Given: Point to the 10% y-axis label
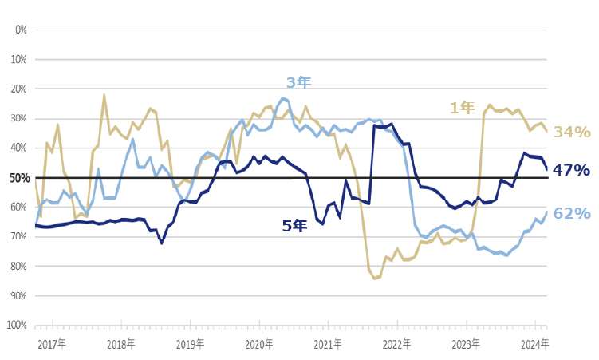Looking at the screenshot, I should [x=18, y=59].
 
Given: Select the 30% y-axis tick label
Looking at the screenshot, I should [x=18, y=118].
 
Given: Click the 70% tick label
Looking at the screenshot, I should [x=18, y=236].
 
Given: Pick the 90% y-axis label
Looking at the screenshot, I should [x=18, y=295].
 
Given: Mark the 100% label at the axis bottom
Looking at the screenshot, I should [x=16, y=325].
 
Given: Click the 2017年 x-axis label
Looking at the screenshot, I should [x=52, y=344].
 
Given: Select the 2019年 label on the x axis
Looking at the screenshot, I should [x=190, y=344].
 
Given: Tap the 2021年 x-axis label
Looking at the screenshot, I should [x=328, y=344].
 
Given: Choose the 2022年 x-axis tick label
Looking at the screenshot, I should [x=396, y=344].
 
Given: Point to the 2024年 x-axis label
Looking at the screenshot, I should [x=534, y=344].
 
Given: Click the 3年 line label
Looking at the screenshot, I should [x=298, y=82].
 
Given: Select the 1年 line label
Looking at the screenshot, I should [x=462, y=108].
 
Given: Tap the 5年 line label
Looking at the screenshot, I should [x=294, y=226].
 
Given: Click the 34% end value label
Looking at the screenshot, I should [x=572, y=132].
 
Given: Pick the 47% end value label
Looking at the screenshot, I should [x=571, y=170].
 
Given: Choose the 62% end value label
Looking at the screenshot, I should [x=572, y=213].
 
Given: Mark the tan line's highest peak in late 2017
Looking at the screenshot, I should [x=104, y=95].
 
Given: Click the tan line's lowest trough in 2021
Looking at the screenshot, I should [x=374, y=279].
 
